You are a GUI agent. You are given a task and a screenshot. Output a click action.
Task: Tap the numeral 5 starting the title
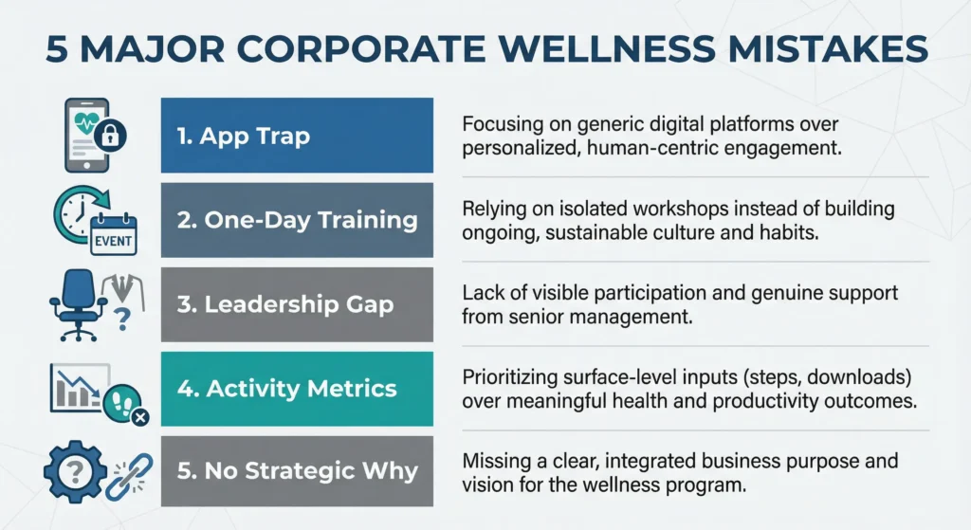tap(60, 49)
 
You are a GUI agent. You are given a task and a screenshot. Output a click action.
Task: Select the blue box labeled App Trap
tap(297, 135)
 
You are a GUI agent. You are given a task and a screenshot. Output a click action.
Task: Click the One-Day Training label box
tap(297, 220)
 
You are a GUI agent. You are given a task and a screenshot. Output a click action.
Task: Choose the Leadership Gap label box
tap(297, 304)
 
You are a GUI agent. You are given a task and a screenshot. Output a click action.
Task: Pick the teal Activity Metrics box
tap(297, 389)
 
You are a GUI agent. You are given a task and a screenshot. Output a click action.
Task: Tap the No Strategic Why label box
tap(297, 472)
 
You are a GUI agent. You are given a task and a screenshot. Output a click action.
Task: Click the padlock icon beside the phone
tap(111, 138)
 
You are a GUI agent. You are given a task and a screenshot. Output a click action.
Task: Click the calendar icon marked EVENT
tap(113, 235)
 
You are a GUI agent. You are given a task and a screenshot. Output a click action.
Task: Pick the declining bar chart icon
tap(76, 387)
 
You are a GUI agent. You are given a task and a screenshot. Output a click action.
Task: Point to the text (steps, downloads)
tap(750, 380)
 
